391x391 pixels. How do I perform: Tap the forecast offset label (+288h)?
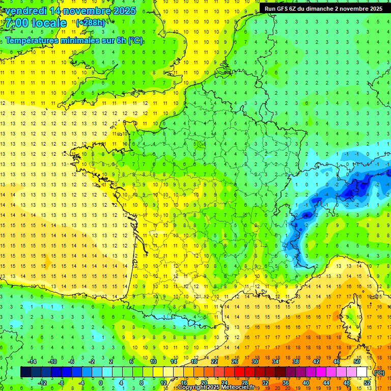pos(91,22)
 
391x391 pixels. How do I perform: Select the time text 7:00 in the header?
pos(17,23)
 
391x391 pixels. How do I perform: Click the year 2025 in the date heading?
pos(124,11)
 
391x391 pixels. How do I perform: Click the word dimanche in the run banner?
pos(319,9)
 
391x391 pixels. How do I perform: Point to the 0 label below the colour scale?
pos(101,383)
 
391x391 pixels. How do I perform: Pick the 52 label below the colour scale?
pos(367,383)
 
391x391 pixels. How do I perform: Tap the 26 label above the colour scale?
pos(235,361)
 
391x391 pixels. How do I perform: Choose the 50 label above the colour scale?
pos(357,361)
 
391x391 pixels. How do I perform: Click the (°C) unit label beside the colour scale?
pos(379,373)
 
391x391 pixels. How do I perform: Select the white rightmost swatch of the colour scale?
pos(362,372)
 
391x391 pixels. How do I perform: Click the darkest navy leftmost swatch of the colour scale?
pos(25,372)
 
